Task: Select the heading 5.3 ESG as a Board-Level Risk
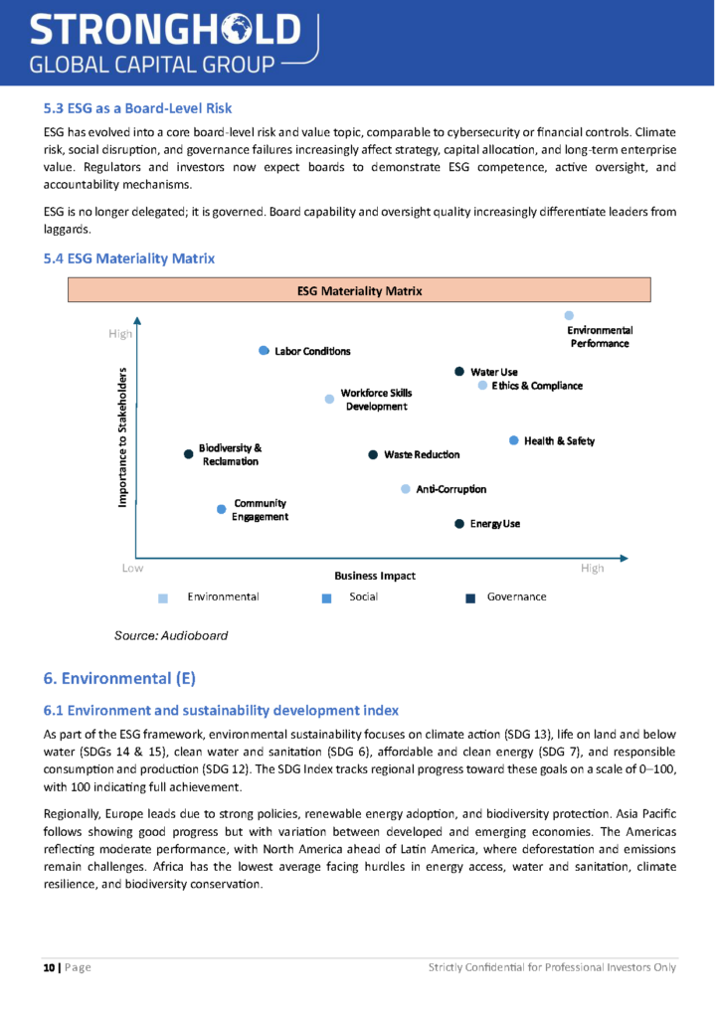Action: tap(138, 107)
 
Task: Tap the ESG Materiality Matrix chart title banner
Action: tap(359, 291)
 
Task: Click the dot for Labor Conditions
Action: tap(264, 351)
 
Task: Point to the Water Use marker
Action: tap(459, 372)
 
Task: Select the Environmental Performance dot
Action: tap(570, 315)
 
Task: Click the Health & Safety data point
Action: tap(514, 440)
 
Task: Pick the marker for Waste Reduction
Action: tap(374, 454)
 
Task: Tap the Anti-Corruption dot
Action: tap(406, 489)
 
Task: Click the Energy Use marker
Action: tap(459, 524)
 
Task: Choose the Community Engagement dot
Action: tap(222, 509)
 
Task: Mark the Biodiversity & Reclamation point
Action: tap(189, 454)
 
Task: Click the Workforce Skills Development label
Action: tap(376, 400)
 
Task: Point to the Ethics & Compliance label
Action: tap(537, 386)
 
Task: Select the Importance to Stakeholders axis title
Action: tap(123, 437)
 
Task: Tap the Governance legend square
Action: tap(471, 598)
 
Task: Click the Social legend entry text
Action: tap(363, 596)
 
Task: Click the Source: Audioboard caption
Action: tap(171, 635)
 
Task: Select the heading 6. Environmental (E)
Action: tap(119, 679)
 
